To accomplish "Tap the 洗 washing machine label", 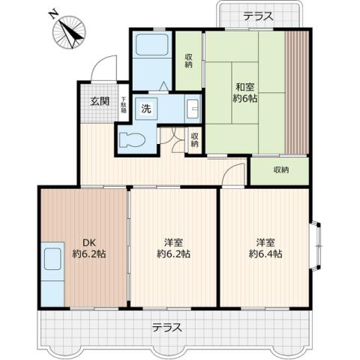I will coord(146,109).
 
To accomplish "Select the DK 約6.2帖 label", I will coord(89,248).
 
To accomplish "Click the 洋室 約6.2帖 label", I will coord(173,248).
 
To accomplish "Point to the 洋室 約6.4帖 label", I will coord(265,248).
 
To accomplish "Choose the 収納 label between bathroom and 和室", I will coord(188,59).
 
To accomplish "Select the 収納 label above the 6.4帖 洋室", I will coord(280,169).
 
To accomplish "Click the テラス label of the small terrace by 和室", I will coord(257,16).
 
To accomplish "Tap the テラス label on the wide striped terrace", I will coord(166,328).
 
